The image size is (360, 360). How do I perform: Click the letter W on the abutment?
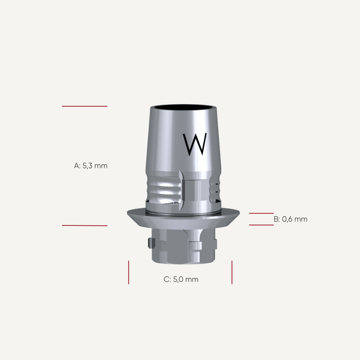[x=195, y=144]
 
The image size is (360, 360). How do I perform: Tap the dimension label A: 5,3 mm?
[x=91, y=166]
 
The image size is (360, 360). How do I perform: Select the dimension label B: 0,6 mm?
[x=291, y=219]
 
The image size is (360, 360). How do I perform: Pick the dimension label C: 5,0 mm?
[x=181, y=280]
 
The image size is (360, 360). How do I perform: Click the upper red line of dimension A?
[x=85, y=106]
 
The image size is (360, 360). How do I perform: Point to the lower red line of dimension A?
[x=85, y=225]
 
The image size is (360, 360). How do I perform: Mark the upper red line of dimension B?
[x=261, y=213]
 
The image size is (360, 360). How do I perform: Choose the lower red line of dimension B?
[x=261, y=225]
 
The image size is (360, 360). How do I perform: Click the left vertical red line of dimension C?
[x=129, y=272]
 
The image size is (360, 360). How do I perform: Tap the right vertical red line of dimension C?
[x=232, y=272]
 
